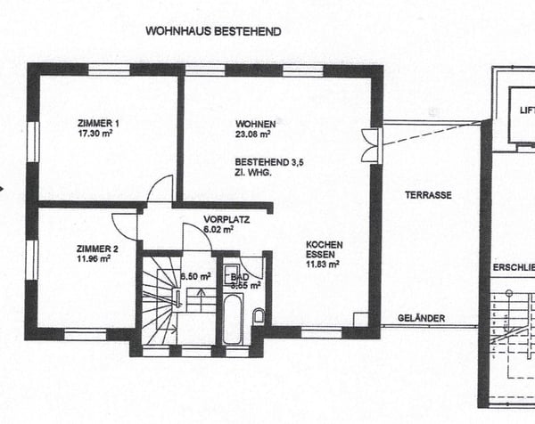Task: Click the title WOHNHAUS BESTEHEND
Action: (x=213, y=30)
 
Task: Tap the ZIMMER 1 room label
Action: (x=98, y=123)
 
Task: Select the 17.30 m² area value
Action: (x=98, y=134)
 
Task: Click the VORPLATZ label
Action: (x=226, y=219)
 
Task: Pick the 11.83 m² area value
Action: (x=322, y=265)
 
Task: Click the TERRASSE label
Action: (x=427, y=195)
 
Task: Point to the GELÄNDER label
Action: (x=421, y=318)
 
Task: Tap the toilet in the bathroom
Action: (x=258, y=315)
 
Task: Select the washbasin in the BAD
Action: (x=228, y=273)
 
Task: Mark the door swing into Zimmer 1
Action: (x=160, y=188)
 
